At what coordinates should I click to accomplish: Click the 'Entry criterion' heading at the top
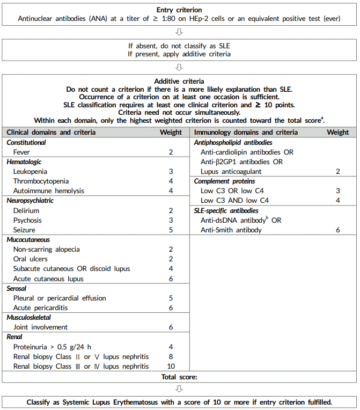(x=180, y=10)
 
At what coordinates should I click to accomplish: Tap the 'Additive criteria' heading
(x=179, y=81)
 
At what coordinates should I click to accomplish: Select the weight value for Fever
(x=171, y=152)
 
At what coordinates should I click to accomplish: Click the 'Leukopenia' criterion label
(x=30, y=172)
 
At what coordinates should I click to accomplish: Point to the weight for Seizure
(x=171, y=230)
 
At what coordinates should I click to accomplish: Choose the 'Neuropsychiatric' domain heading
(x=30, y=201)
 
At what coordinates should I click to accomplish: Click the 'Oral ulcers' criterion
(x=30, y=259)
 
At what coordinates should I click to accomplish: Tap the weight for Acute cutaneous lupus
(x=171, y=279)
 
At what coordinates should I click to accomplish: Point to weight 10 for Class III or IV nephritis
(x=171, y=367)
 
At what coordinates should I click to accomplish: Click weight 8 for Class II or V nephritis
(x=171, y=357)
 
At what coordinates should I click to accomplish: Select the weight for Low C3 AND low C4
(x=338, y=201)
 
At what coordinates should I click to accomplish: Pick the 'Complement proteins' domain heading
(x=225, y=181)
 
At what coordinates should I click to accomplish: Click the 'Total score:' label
(x=179, y=377)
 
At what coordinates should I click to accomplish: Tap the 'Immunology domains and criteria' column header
(x=246, y=133)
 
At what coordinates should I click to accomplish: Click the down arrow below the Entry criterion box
(x=179, y=32)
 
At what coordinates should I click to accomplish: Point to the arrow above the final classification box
(x=179, y=389)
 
